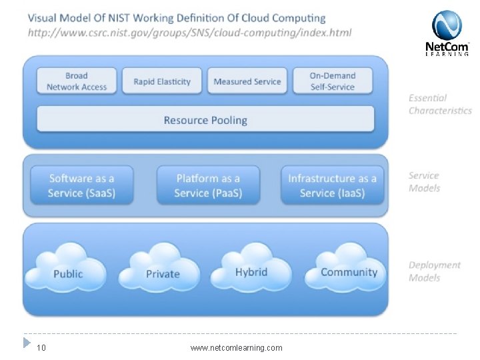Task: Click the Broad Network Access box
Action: coord(77,81)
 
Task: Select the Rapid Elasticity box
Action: coord(162,81)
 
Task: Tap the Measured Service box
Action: coord(247,81)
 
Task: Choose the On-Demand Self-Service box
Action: coord(333,81)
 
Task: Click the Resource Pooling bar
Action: coord(205,120)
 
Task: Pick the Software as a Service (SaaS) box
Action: coord(81,185)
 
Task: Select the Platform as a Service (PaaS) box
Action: coord(208,185)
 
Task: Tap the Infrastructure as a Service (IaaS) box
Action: coord(333,185)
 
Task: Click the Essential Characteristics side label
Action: coord(439,104)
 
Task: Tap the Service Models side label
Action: coord(424,181)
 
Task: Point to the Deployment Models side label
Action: coord(434,271)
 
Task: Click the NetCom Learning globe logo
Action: coord(447,26)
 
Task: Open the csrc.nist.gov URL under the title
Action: coord(189,32)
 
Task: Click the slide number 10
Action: coord(41,347)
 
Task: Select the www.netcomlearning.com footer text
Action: coord(236,347)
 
